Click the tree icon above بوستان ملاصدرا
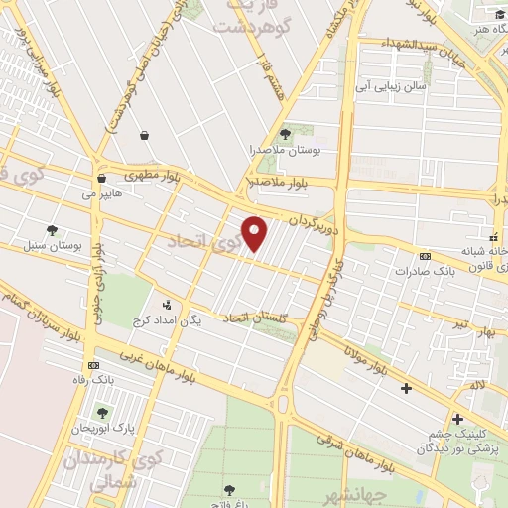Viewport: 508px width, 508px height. click(x=286, y=133)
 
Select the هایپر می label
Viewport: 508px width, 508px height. click(x=103, y=194)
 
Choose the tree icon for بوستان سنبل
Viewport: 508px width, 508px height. click(x=52, y=229)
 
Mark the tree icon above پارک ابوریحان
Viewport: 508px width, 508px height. click(x=102, y=412)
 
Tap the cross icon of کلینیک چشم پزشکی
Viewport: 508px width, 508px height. click(x=457, y=419)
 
